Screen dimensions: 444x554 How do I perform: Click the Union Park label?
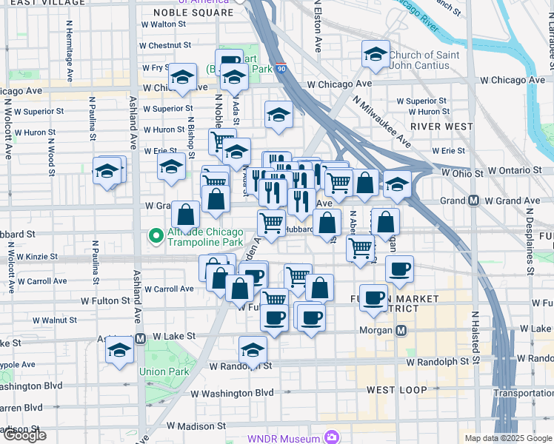(164, 372)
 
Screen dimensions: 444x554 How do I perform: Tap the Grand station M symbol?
(472, 201)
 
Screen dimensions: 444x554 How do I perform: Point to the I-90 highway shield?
(282, 68)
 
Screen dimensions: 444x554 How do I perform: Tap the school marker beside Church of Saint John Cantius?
(376, 55)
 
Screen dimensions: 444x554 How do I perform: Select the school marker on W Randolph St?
(253, 351)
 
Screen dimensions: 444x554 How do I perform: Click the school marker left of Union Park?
(119, 352)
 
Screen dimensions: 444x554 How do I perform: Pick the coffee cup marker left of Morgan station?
(310, 317)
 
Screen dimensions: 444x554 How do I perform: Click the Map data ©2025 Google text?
(507, 438)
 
